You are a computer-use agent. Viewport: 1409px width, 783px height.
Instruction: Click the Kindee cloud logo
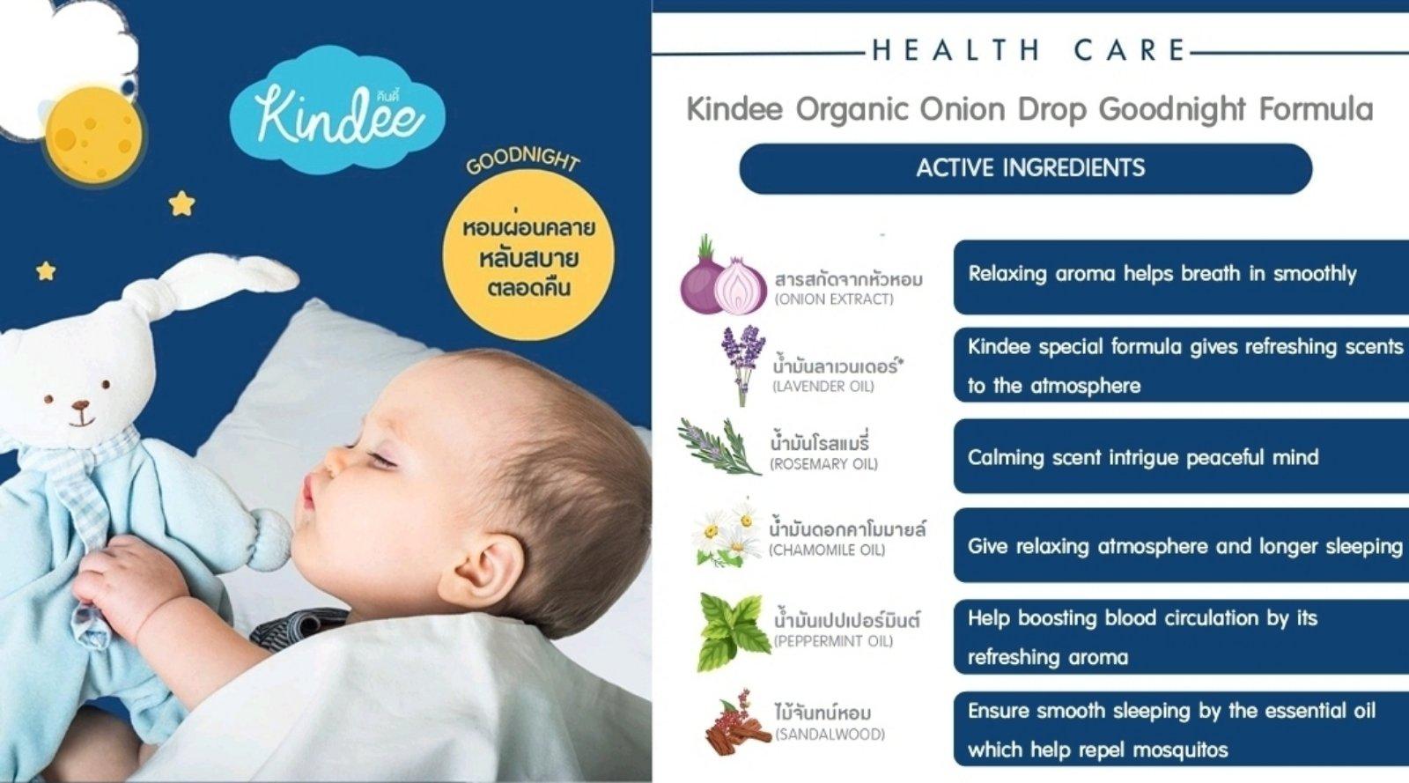pos(338,112)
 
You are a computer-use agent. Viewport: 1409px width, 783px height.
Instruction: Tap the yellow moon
pos(92,135)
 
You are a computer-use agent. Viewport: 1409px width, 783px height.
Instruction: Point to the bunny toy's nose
pos(81,407)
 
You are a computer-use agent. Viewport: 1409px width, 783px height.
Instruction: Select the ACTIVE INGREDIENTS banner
pos(1025,168)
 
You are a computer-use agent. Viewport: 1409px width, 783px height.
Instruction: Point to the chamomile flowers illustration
pos(727,533)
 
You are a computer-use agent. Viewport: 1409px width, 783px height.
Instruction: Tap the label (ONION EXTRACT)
pos(833,299)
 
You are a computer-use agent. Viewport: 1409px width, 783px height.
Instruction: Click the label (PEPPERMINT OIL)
pos(832,641)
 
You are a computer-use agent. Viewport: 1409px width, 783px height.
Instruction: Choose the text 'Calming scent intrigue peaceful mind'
pos(1142,457)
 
